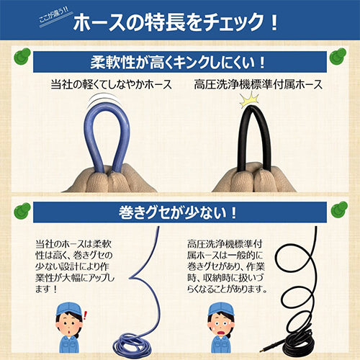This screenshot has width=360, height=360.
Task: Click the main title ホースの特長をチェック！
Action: click(176, 22)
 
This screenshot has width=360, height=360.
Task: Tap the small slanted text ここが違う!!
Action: click(54, 16)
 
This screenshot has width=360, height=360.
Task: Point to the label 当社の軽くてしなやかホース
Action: click(112, 85)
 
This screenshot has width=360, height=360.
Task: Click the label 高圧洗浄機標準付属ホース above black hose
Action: click(258, 85)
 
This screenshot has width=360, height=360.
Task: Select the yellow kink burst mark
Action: click(249, 99)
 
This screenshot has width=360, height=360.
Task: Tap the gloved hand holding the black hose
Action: click(254, 178)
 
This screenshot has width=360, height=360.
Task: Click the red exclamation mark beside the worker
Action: click(85, 315)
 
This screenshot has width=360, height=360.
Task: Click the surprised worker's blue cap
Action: click(68, 308)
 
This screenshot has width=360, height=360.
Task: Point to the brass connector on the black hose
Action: click(268, 345)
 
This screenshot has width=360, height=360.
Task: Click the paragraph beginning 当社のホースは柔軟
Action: click(75, 266)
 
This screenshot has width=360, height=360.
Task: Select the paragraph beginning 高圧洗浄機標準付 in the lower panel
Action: click(227, 266)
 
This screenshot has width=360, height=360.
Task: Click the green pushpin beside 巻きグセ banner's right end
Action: click(339, 210)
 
